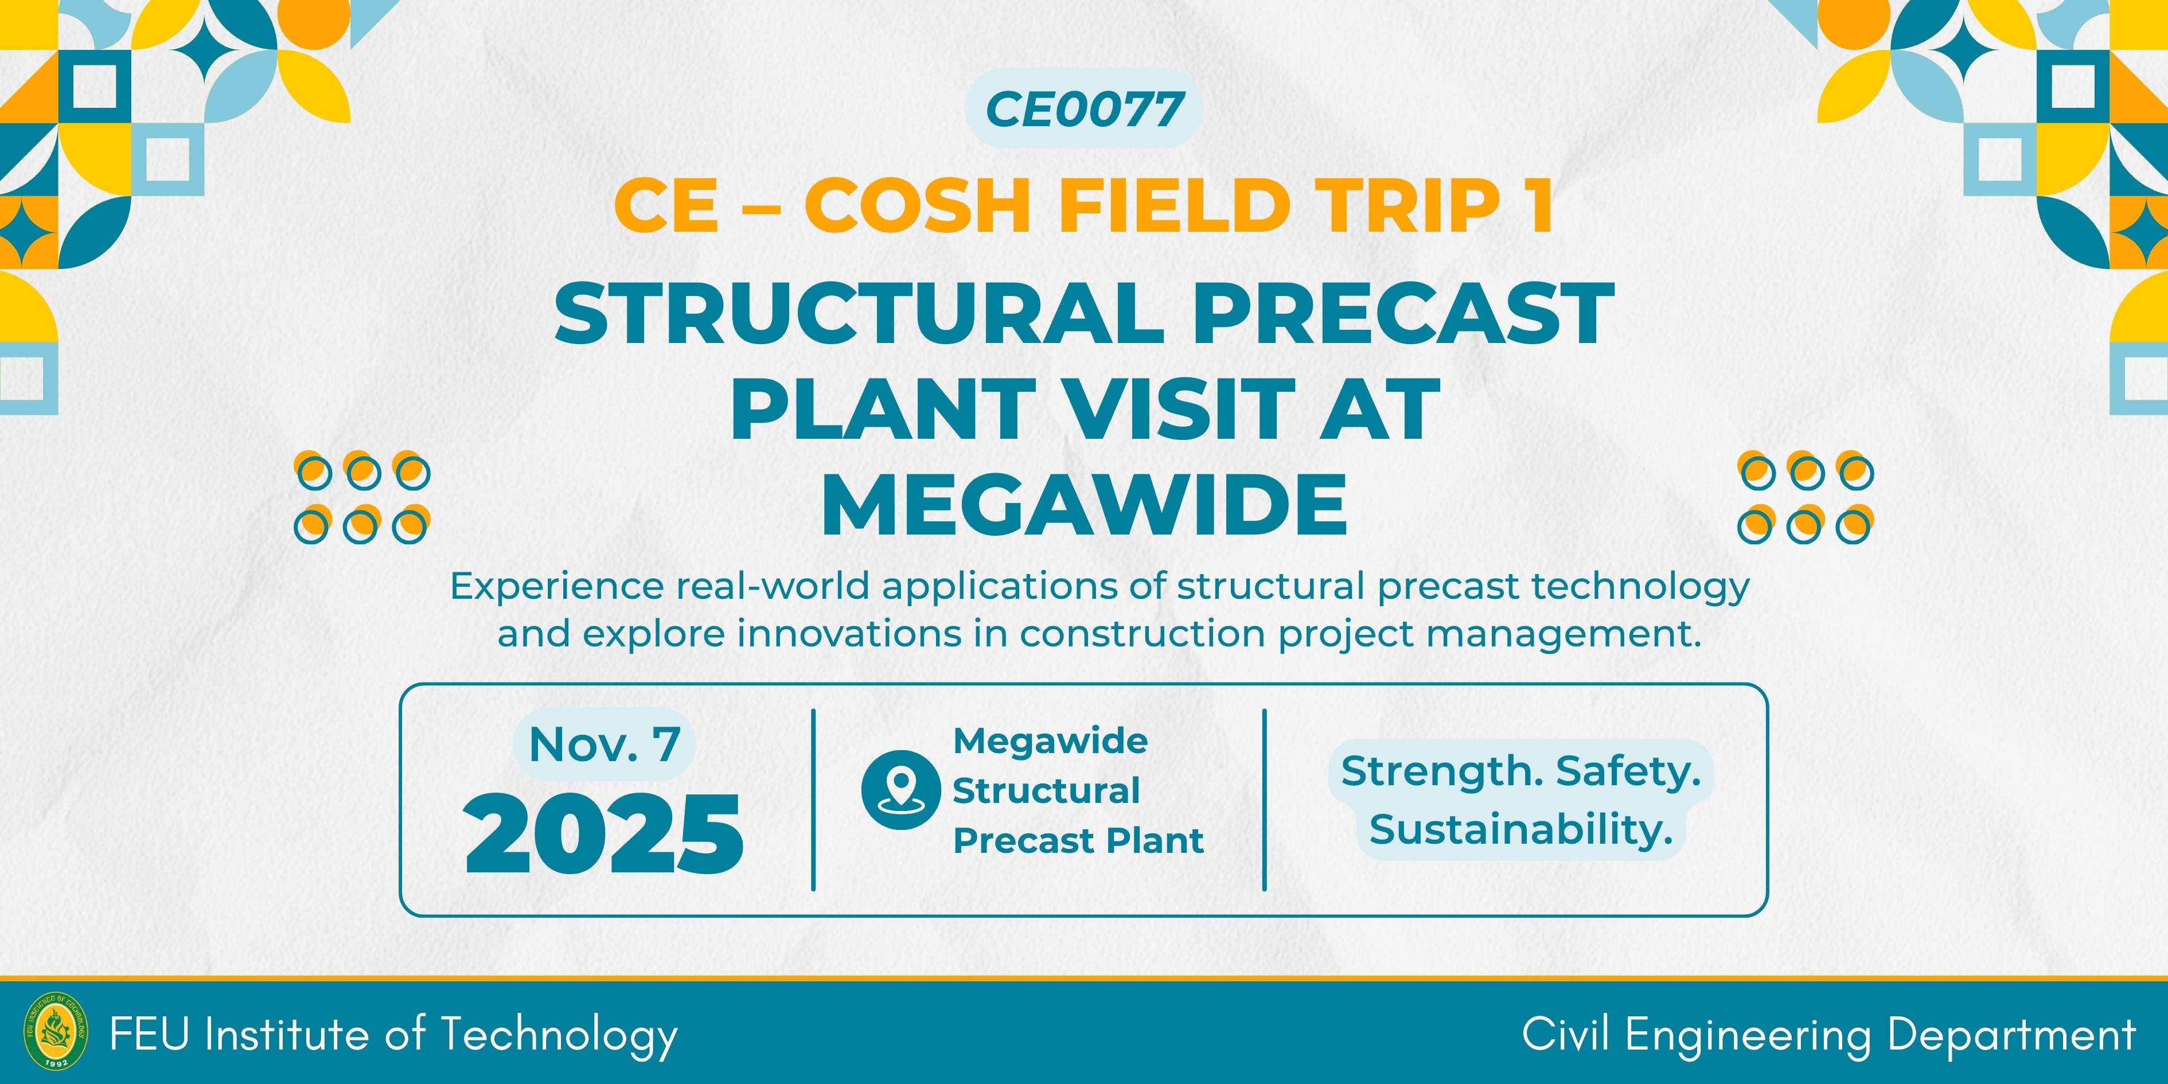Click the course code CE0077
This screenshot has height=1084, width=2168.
pos(1084,110)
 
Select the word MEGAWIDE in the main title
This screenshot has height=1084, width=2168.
pos(1084,504)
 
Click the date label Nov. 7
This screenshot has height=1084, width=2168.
pos(605,744)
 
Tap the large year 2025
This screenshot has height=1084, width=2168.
pos(603,834)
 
